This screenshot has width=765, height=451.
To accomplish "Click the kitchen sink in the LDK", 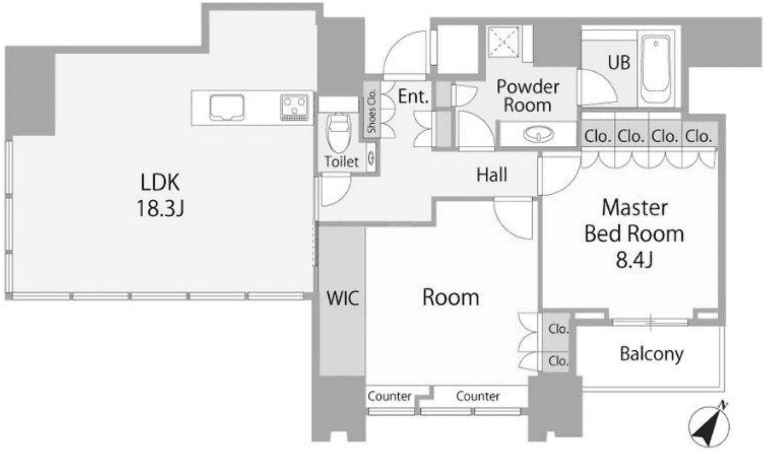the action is click(x=227, y=107).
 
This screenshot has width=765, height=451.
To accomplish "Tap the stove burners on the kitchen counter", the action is click(x=295, y=107).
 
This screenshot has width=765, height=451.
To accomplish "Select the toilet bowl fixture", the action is click(x=339, y=132).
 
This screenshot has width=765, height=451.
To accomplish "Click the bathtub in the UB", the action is click(x=656, y=70).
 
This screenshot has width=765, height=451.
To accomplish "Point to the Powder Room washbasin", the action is click(x=539, y=134).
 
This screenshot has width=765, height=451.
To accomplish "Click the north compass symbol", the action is click(x=710, y=424).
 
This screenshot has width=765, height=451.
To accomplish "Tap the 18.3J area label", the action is click(x=160, y=208).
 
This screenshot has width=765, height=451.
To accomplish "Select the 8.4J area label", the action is click(x=634, y=260).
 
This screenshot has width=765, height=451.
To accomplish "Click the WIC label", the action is click(x=343, y=298).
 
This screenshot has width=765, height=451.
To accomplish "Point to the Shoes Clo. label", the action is click(x=371, y=111).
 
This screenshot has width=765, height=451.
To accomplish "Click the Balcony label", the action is click(x=651, y=354).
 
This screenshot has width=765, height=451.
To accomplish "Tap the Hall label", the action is click(x=491, y=175).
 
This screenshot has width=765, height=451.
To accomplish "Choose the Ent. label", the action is click(x=413, y=96).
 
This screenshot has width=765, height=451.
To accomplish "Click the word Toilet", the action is click(x=341, y=162).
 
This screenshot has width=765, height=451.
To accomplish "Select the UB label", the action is click(x=619, y=62).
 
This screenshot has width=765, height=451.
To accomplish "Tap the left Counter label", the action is click(x=389, y=396).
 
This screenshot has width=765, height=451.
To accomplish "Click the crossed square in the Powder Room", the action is click(x=503, y=42).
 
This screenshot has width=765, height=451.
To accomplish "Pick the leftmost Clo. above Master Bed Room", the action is click(x=597, y=136).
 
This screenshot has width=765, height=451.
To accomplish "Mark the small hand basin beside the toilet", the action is click(x=371, y=158).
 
